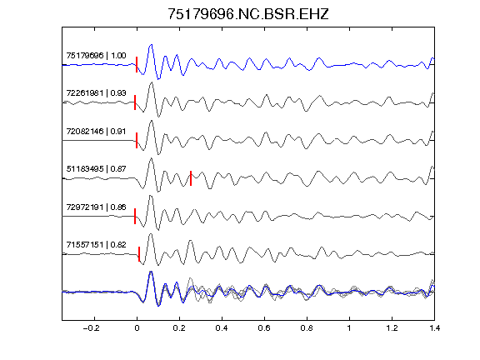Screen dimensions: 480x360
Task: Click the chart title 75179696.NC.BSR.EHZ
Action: coord(248,14)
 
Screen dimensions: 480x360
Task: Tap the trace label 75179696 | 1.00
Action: coord(96,56)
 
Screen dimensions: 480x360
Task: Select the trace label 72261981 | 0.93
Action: coord(96,93)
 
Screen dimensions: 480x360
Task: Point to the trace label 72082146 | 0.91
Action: coord(96,132)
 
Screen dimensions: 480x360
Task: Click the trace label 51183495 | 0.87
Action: coord(96,169)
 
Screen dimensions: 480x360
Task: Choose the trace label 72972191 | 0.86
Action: coord(96,207)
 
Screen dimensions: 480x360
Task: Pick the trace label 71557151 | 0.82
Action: coord(96,245)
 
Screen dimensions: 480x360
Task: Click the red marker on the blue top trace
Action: coord(137,65)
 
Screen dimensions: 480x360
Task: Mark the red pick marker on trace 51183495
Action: coord(191,178)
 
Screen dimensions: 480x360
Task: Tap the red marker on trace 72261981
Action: coord(135,102)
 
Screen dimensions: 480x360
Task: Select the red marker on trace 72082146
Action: coord(137,140)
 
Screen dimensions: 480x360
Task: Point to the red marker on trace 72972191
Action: coord(135,216)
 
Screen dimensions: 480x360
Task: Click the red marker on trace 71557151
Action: coord(139,254)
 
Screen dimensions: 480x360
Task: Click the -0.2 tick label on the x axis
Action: coord(91,328)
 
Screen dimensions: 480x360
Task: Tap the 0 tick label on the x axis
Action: coord(137,328)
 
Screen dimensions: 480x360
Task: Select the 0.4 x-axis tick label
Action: coord(222,328)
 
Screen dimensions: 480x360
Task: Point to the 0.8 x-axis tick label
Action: coord(307,328)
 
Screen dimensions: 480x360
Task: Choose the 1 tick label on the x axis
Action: coord(349,328)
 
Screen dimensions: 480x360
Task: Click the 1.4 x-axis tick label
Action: coord(435,328)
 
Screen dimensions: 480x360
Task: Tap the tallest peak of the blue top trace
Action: coord(151,45)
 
